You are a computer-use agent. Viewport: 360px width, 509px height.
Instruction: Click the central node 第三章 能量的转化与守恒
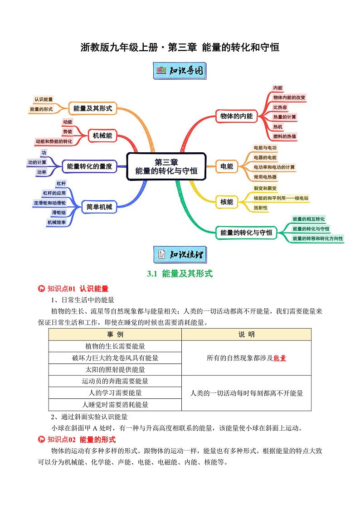[x=166, y=167]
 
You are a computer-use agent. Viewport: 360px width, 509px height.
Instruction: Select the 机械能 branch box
[x=102, y=135]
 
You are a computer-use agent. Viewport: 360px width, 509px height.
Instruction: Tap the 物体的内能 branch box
[x=236, y=116]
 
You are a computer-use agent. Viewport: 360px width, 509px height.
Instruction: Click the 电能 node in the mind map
[x=227, y=166]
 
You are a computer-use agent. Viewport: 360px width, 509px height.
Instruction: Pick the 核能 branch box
[x=227, y=202]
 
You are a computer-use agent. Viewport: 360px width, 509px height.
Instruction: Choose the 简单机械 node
[x=99, y=207]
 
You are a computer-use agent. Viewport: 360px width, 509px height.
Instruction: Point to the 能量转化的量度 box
[x=89, y=166]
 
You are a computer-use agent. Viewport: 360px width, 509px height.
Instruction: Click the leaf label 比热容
[x=280, y=107]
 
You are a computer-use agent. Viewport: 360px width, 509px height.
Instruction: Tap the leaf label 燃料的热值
[x=285, y=136]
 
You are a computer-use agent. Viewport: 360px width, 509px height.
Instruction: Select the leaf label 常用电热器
[x=265, y=177]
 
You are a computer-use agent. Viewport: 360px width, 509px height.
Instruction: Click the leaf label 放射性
[x=261, y=208]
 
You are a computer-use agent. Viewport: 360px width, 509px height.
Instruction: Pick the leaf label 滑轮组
[x=59, y=213]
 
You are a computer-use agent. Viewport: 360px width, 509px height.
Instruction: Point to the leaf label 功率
[x=42, y=172]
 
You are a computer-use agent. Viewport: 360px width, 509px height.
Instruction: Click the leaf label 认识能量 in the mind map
[x=44, y=99]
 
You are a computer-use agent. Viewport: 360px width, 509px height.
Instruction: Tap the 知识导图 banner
[x=180, y=71]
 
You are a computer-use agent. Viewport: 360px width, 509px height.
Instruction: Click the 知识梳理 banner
[x=180, y=254]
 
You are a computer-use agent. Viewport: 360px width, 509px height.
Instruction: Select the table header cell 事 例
[x=115, y=334]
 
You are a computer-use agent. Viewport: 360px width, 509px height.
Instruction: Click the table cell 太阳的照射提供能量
[x=115, y=369]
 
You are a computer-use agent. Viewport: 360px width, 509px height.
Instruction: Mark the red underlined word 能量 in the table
[x=280, y=358]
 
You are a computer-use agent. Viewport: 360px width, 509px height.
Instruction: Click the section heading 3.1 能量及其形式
[x=180, y=274]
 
